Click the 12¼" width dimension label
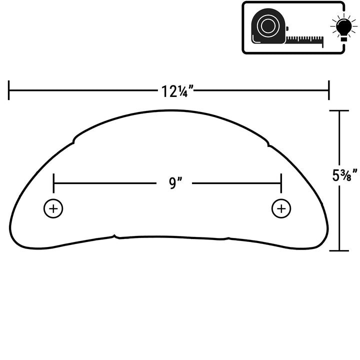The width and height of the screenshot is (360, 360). click(177, 91)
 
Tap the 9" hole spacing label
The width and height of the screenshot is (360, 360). click(175, 183)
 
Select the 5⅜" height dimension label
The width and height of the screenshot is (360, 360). click(344, 175)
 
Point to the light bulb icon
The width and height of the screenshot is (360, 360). click(343, 27)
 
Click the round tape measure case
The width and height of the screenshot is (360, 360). click(268, 26)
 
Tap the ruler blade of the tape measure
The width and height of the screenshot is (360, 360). click(304, 40)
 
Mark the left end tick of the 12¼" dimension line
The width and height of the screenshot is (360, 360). click(8, 90)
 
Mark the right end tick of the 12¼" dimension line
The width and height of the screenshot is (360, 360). click(329, 90)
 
